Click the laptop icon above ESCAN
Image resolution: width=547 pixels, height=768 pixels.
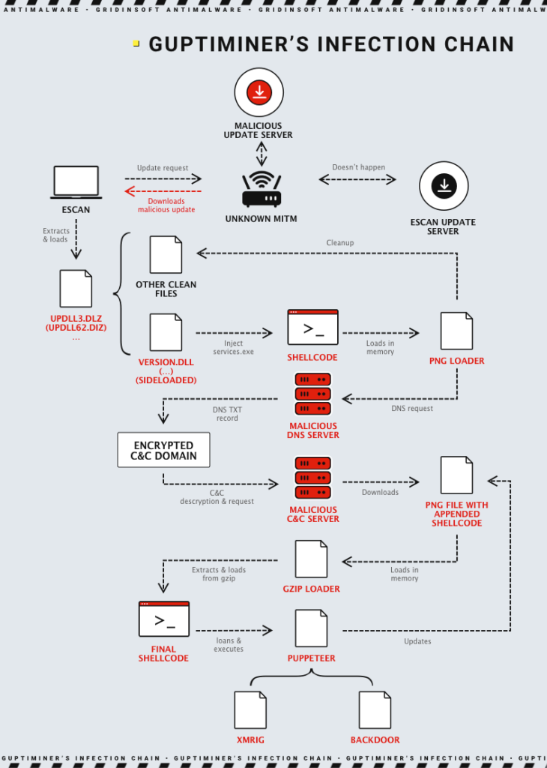tap(76, 182)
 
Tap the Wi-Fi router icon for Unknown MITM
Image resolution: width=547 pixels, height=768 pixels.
tap(262, 190)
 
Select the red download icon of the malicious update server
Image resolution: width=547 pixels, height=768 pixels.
tap(259, 92)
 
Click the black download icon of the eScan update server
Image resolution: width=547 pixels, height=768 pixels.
tap(444, 185)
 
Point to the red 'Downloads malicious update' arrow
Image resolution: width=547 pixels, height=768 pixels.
tap(163, 191)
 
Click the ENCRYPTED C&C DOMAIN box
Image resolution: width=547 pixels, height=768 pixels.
tap(163, 450)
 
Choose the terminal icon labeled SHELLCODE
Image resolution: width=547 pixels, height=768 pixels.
tap(312, 328)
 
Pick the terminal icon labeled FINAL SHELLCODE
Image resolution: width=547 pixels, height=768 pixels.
tap(164, 619)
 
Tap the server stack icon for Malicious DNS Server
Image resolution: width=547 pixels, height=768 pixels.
tap(312, 394)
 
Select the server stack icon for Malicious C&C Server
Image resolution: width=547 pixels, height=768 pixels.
tap(312, 478)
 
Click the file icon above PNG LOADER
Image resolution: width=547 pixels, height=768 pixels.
tap(456, 331)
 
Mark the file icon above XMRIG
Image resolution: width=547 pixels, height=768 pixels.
tap(250, 709)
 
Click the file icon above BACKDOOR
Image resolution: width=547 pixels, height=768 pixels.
tap(375, 709)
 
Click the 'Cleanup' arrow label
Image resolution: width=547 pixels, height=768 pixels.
tap(340, 243)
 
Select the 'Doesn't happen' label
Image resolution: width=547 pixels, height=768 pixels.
tap(358, 167)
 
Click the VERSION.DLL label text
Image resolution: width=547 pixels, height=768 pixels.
tap(166, 362)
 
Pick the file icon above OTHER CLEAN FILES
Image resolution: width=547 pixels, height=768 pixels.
tap(166, 255)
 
